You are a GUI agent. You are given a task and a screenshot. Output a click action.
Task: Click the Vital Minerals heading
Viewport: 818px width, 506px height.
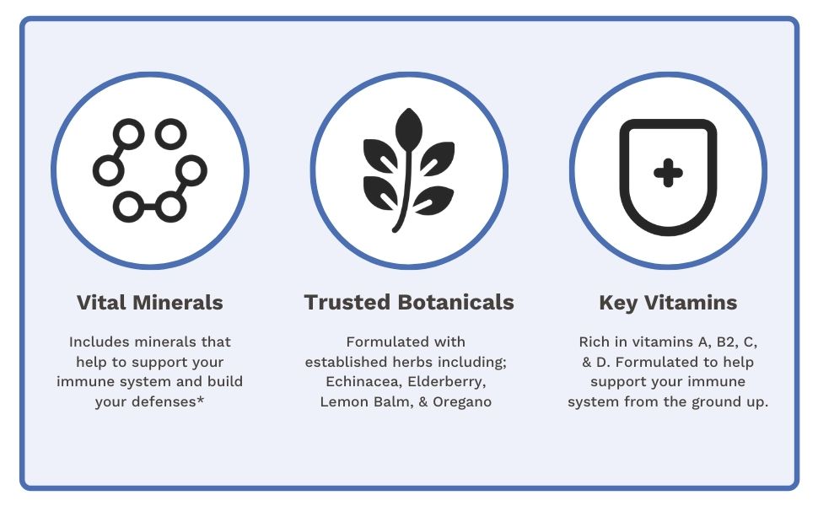[150, 303]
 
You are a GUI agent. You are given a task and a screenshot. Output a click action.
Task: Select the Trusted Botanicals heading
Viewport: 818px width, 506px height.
[409, 303]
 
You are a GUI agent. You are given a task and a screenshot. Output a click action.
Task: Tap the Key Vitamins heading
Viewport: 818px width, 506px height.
[668, 303]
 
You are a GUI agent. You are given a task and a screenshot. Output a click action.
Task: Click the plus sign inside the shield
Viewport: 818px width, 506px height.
[668, 173]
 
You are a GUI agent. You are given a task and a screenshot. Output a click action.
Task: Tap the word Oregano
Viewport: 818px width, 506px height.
[462, 402]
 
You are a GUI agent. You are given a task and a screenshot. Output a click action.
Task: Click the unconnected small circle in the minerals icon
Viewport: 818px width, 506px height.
[170, 134]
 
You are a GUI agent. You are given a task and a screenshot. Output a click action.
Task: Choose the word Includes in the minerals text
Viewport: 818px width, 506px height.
[100, 342]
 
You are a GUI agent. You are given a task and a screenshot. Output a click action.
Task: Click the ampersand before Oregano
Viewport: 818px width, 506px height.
[423, 402]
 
